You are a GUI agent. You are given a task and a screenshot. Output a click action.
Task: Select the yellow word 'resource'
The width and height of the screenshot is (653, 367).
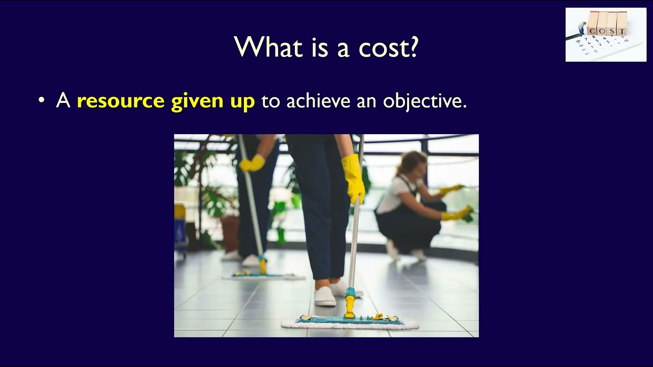click(120, 101)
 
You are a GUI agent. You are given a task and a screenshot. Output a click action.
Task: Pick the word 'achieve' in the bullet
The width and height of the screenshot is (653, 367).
click(313, 101)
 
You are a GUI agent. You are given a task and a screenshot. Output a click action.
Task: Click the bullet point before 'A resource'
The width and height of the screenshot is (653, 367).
click(42, 101)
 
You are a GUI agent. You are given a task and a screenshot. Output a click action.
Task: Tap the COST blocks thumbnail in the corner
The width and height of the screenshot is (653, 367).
click(606, 35)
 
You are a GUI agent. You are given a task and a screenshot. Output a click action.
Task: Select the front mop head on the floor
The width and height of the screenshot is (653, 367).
click(350, 322)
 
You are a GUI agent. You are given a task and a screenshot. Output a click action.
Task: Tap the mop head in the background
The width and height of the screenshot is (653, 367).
click(263, 276)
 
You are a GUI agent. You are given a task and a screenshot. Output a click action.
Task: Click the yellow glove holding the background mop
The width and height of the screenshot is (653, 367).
click(252, 163)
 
